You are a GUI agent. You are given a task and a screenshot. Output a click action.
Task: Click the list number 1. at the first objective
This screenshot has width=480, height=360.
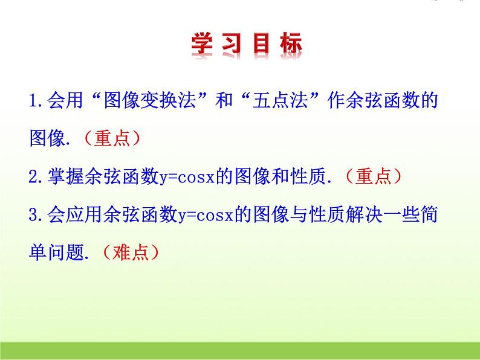[36, 101]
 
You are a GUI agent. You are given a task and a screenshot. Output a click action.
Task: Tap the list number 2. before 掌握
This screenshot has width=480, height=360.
[36, 176]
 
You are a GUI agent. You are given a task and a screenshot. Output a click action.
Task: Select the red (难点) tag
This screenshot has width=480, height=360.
[131, 251]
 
